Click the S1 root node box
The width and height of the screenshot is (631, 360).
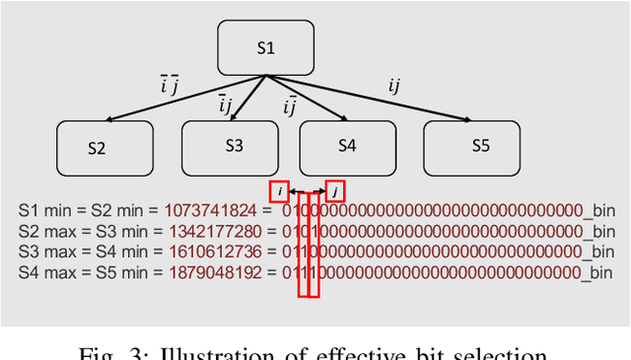266,47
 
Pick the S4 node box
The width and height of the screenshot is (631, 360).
347,146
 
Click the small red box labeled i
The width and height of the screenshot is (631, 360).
279,191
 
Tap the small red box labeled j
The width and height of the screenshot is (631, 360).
336,191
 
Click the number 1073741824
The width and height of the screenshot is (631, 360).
210,211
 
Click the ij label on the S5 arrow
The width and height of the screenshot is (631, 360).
394,85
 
